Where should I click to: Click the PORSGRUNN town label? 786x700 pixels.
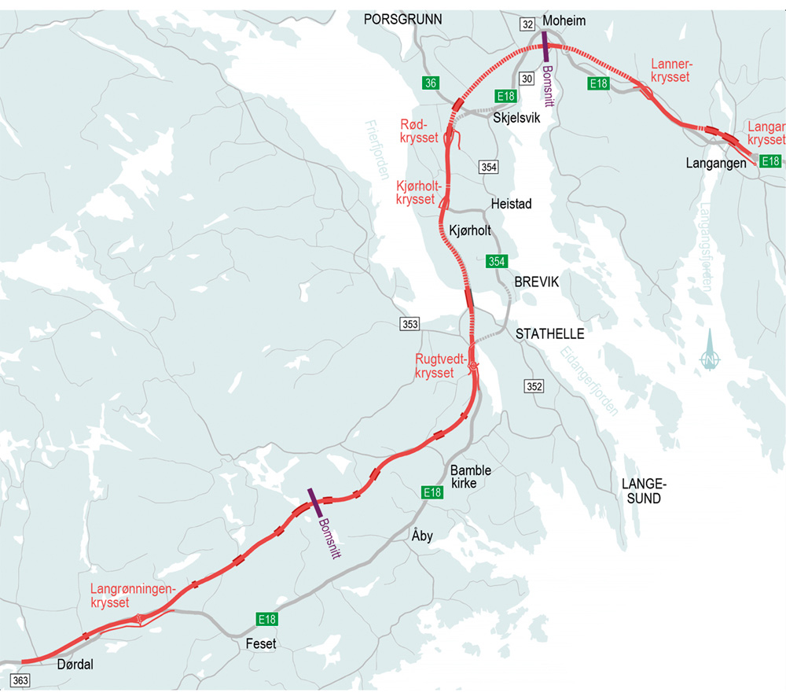click(403, 20)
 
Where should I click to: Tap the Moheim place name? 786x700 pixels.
click(564, 20)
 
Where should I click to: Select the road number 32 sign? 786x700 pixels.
click(527, 24)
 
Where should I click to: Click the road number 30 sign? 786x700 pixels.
click(527, 77)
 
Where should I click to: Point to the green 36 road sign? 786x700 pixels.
click(429, 83)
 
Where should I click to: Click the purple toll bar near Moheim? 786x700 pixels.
click(545, 45)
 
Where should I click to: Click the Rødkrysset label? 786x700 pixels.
click(419, 131)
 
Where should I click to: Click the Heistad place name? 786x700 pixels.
click(511, 204)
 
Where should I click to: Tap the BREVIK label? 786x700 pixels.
click(536, 282)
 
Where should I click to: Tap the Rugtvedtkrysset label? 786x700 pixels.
click(435, 366)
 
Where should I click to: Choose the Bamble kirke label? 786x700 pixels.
click(470, 477)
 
